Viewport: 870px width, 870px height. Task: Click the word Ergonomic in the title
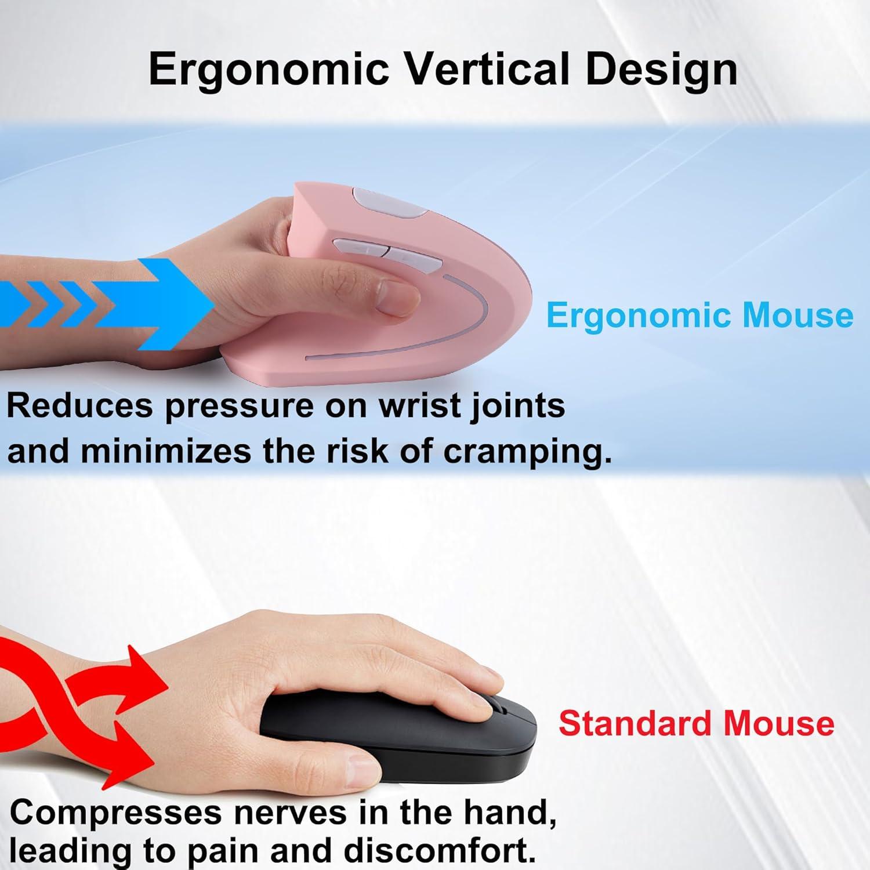(x=268, y=70)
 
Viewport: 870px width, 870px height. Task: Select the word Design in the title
(x=661, y=70)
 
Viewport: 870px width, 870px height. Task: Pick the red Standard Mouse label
(x=696, y=723)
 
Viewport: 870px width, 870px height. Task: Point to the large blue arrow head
(x=180, y=300)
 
